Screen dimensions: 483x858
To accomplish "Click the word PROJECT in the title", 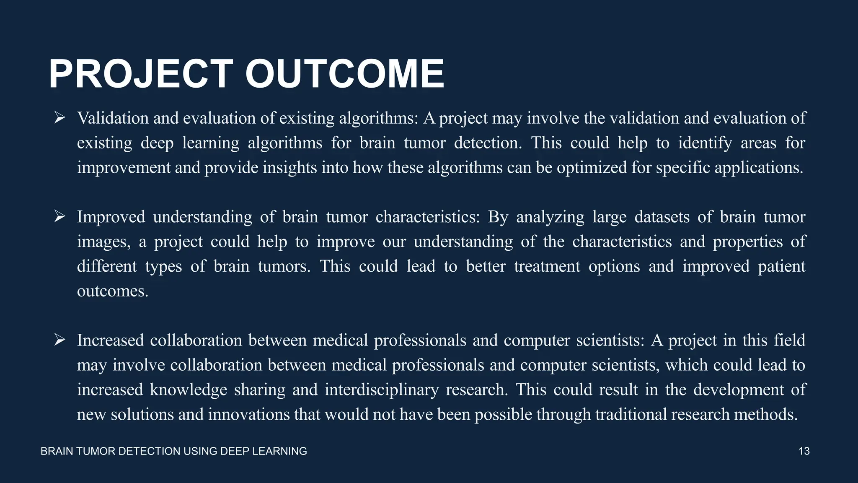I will [141, 74].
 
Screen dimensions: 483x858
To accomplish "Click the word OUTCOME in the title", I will [344, 74].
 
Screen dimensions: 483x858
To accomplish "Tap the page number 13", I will [804, 451].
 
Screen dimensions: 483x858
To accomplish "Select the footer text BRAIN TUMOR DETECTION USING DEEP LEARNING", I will [174, 451].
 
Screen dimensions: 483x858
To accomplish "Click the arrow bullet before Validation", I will [59, 118].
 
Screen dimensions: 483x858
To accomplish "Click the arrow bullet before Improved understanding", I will [59, 217].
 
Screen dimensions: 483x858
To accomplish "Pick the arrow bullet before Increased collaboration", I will [59, 340].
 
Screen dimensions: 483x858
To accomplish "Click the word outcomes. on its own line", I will [113, 291].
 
